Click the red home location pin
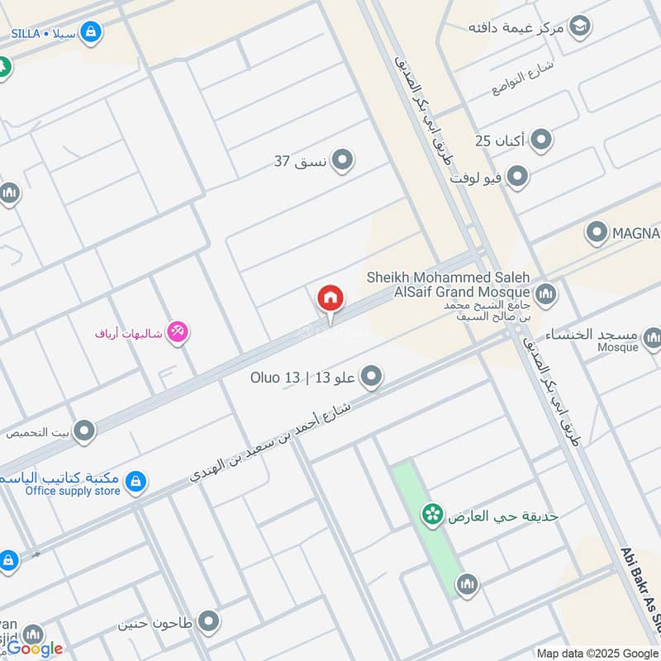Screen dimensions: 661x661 [x=330, y=298]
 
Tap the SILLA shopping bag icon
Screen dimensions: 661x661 [x=93, y=33]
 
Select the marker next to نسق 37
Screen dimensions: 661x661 [x=342, y=160]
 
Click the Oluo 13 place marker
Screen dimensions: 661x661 [x=372, y=378]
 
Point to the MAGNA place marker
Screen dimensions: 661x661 [x=597, y=234]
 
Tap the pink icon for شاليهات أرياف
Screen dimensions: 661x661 [x=178, y=333]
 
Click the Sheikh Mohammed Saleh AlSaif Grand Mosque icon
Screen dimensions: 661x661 [x=545, y=293]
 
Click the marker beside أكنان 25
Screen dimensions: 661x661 [x=541, y=140]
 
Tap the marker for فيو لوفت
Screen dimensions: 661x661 [x=517, y=177]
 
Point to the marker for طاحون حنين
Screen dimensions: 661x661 [x=209, y=621]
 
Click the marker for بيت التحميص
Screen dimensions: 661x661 [x=83, y=430]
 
